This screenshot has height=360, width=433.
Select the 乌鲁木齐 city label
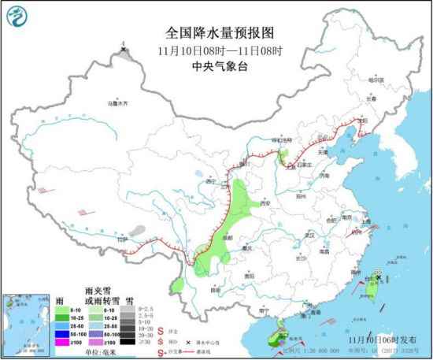click(116, 102)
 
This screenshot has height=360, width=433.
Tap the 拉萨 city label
click(121, 239)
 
